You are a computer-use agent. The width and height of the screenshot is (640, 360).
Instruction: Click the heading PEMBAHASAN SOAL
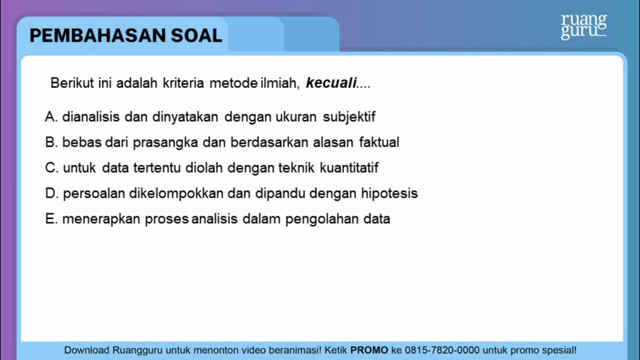(x=126, y=36)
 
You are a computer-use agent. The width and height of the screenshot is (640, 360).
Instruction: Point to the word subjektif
(x=349, y=117)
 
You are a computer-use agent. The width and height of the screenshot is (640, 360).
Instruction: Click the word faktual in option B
(x=379, y=142)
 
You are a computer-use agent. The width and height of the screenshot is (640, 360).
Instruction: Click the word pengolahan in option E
(x=316, y=219)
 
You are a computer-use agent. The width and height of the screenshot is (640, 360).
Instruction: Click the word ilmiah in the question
(x=281, y=82)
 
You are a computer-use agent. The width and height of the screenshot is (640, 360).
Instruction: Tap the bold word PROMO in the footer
(x=369, y=350)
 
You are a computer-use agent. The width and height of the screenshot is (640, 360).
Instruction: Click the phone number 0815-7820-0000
(x=441, y=350)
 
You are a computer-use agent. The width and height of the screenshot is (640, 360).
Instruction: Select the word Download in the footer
(x=87, y=350)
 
